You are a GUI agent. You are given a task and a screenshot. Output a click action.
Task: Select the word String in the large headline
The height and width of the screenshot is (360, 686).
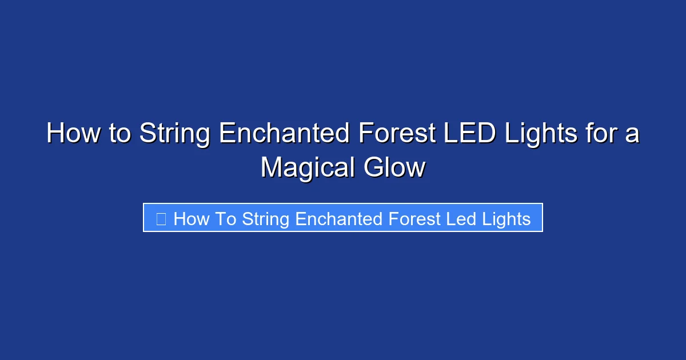tap(175, 134)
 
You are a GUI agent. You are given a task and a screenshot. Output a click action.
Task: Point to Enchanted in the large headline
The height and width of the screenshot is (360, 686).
tap(285, 134)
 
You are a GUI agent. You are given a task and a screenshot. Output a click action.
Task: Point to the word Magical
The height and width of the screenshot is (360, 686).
tap(307, 168)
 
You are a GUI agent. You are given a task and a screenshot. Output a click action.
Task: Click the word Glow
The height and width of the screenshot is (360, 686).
tap(394, 168)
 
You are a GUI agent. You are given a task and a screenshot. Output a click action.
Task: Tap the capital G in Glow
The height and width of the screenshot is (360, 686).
tap(373, 168)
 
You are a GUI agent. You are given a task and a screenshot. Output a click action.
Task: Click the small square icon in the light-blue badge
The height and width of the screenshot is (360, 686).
tap(161, 218)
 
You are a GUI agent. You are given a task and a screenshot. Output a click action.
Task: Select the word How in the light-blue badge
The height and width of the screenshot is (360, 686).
tap(191, 218)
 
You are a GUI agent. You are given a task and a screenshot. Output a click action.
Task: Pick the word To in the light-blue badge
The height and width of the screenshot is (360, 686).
tap(225, 218)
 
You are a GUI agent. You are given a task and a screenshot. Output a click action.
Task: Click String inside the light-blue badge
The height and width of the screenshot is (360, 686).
tap(266, 218)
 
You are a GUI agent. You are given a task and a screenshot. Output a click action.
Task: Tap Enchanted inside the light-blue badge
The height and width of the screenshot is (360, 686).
tap(339, 218)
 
